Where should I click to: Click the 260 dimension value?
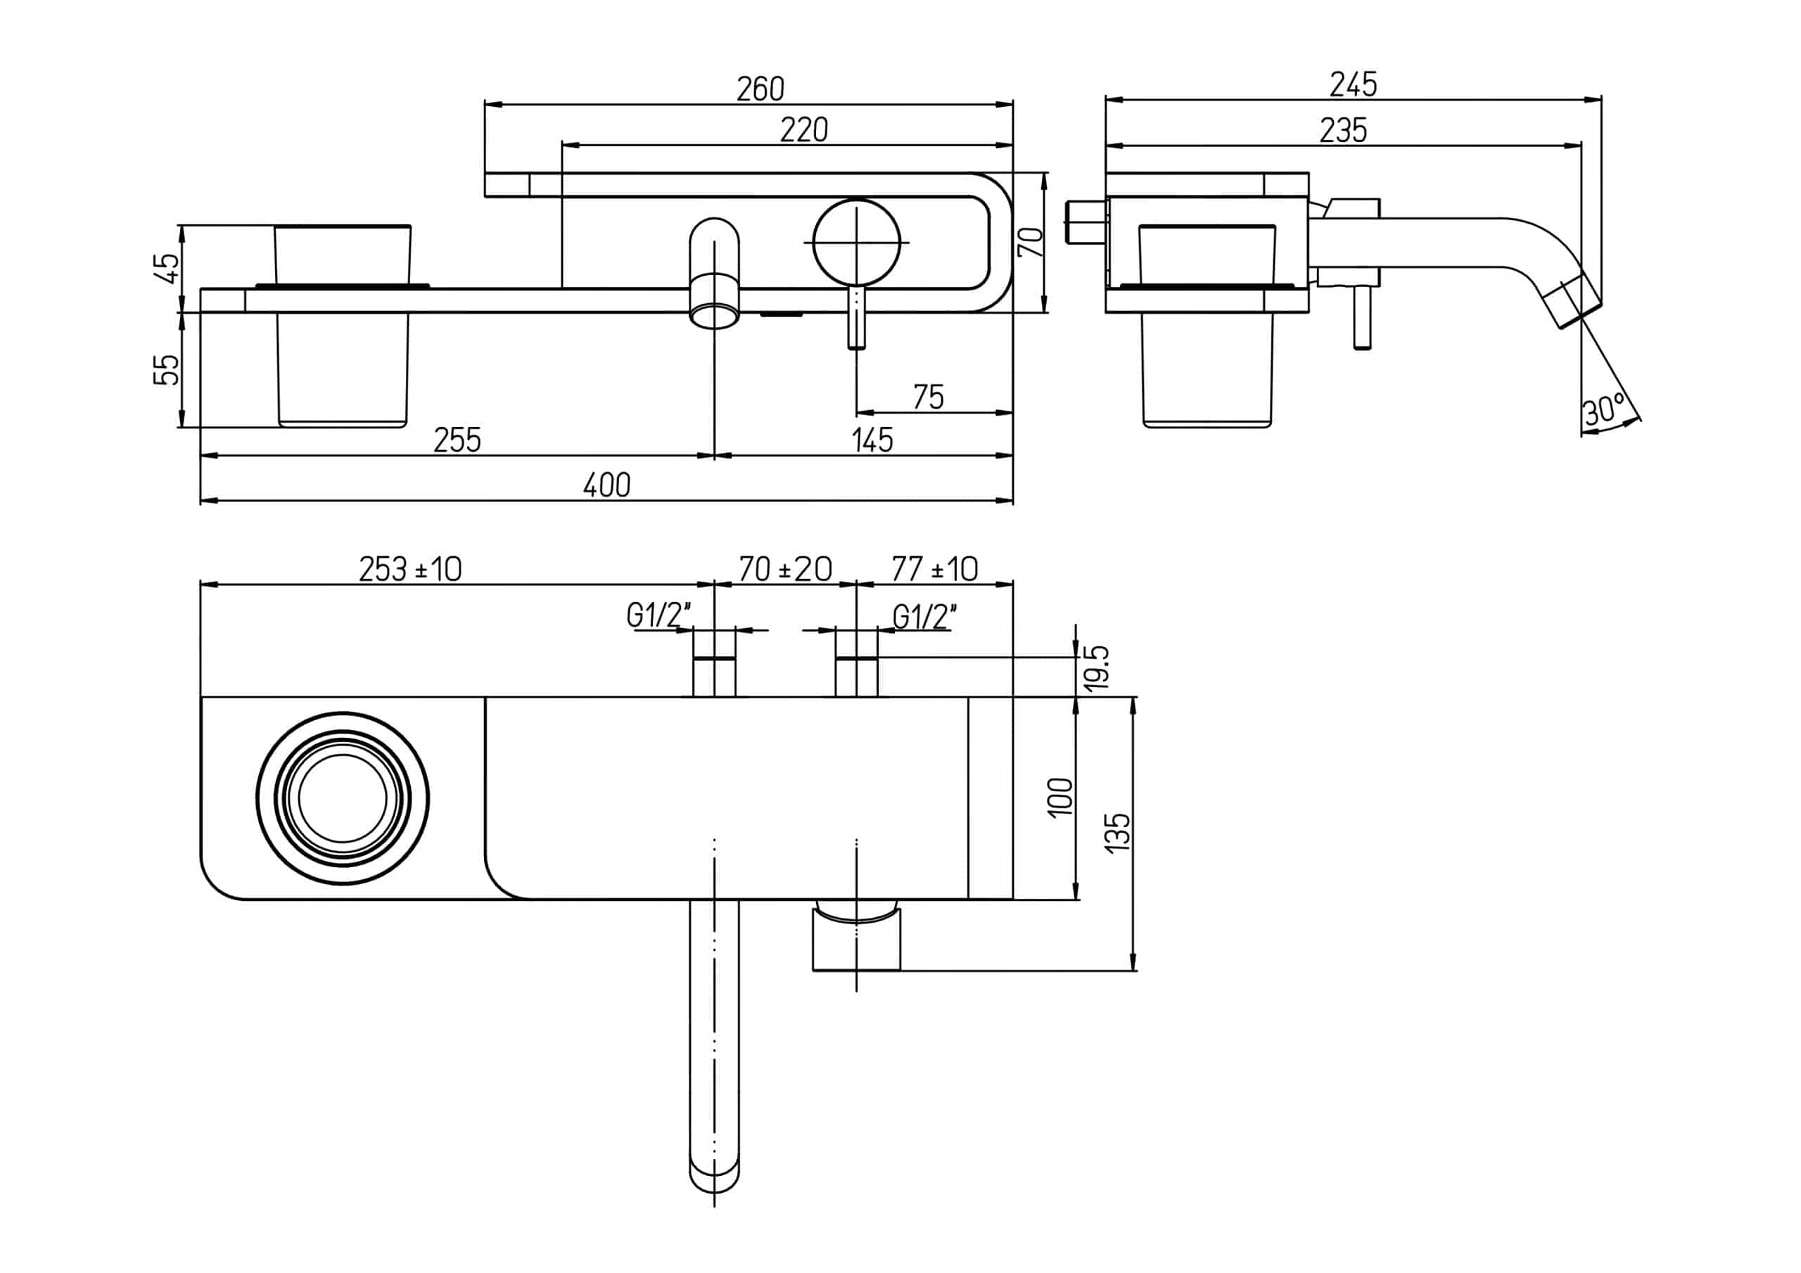coord(759,89)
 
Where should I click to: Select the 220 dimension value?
coord(803,130)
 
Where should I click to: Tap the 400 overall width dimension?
coord(606,485)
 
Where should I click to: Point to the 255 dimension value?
coord(457,440)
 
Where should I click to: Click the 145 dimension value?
coord(872,440)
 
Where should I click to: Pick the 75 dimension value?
coord(928,397)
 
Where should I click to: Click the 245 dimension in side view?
coord(1352,84)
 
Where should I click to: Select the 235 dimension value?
coord(1342,130)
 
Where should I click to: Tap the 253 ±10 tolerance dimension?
coord(409,569)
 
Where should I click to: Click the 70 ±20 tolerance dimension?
coord(784,569)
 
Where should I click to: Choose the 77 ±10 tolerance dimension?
coord(934,569)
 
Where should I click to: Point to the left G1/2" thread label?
coord(657,617)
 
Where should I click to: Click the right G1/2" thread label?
coord(924,618)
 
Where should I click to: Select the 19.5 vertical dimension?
coord(1098,667)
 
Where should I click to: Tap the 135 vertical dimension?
coord(1118,831)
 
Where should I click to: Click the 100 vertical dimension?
coord(1059,797)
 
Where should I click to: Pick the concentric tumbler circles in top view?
coord(342,799)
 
